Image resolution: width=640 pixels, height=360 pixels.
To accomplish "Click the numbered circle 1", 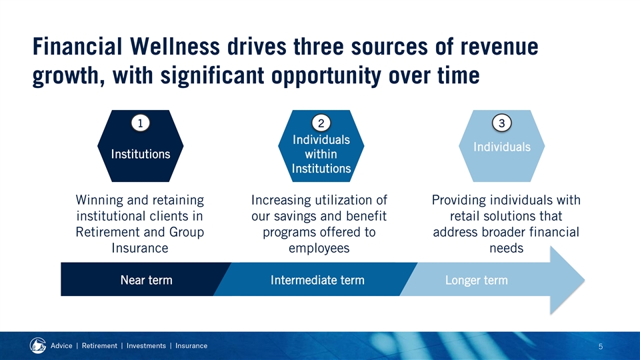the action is (141, 123).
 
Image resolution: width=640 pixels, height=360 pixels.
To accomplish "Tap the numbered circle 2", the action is (321, 123).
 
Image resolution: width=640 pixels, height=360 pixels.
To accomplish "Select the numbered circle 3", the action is (501, 123).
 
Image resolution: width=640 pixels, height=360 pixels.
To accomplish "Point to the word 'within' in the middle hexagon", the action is (321, 154).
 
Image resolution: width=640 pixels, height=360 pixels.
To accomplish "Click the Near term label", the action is (146, 280).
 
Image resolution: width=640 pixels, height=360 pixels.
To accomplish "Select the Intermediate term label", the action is (317, 280).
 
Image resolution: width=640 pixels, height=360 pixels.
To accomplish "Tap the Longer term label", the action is (476, 281).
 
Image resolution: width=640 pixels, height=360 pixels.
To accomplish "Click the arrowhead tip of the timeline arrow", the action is (585, 280).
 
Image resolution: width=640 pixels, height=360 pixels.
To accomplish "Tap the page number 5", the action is (601, 347).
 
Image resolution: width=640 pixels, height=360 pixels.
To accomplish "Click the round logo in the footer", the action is (37, 345).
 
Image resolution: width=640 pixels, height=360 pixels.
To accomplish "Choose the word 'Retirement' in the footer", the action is (99, 346).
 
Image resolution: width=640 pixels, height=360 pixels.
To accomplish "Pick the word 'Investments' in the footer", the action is (146, 346).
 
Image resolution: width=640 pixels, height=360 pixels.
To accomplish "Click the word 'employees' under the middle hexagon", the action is (319, 248).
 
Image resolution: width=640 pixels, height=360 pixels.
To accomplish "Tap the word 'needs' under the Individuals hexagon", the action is (506, 248).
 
